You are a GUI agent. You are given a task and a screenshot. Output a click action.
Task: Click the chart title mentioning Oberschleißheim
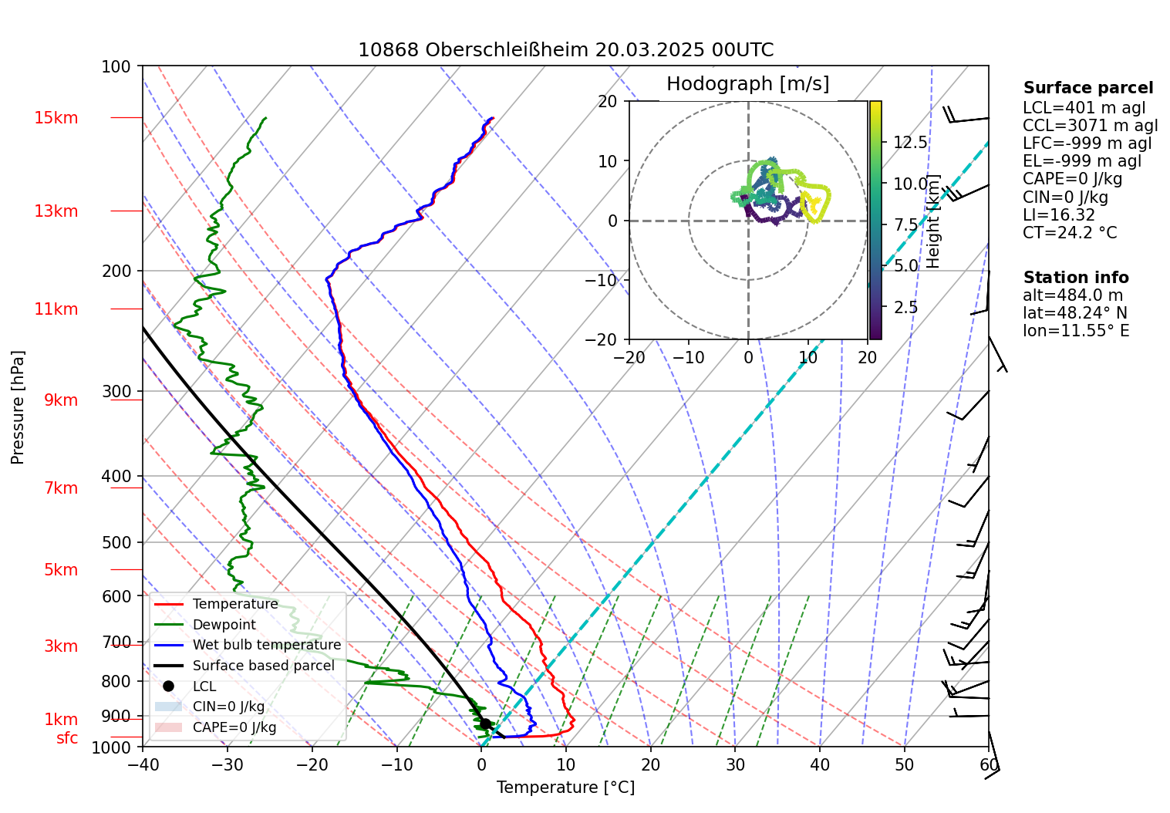(565, 50)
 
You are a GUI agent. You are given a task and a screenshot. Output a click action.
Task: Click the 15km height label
(56, 118)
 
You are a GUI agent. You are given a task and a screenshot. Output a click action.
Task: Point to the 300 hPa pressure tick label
(116, 391)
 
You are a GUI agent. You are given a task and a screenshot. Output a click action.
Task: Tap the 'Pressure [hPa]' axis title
(18, 407)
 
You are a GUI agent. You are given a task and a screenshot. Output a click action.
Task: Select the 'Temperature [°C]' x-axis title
(565, 788)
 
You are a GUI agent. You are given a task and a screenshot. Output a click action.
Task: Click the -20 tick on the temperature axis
(312, 766)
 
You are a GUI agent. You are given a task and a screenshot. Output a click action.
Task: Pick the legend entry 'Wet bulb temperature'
(266, 645)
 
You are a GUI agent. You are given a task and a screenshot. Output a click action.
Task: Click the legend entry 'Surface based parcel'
(263, 666)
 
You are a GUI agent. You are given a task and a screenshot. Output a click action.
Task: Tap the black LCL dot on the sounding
(485, 724)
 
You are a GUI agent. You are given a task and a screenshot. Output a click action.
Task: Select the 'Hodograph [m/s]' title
(747, 84)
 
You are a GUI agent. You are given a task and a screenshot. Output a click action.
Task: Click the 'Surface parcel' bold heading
(1087, 89)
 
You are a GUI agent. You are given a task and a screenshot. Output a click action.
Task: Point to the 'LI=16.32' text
(1059, 215)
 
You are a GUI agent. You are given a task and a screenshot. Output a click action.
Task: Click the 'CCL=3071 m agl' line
(1090, 126)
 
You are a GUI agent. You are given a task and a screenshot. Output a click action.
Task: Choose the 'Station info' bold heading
(1075, 278)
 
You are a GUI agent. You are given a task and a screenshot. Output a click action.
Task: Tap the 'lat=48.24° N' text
(1074, 313)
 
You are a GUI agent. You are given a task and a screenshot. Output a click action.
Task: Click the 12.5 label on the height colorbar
(910, 143)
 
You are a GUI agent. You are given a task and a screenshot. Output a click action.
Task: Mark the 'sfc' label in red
(67, 738)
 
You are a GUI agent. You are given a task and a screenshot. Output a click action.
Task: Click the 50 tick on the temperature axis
(904, 766)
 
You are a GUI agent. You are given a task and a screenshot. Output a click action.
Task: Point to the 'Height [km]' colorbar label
(933, 221)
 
